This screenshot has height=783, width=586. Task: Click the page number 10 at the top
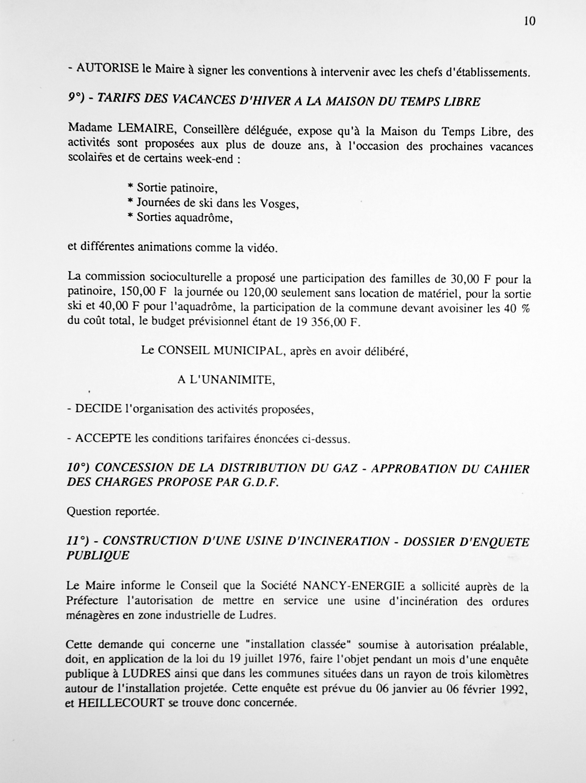(x=529, y=22)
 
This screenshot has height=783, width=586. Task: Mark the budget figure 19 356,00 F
(x=326, y=322)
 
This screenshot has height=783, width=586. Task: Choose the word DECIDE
(x=98, y=409)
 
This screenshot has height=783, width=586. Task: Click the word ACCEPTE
(x=103, y=439)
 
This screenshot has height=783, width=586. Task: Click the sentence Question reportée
(x=113, y=512)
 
